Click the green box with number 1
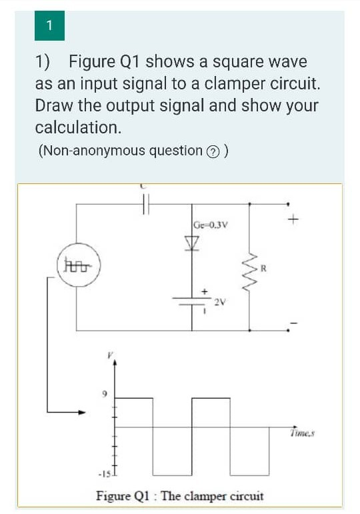[x=49, y=26]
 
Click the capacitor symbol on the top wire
[x=147, y=205]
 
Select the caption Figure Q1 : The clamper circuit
[x=180, y=496]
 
